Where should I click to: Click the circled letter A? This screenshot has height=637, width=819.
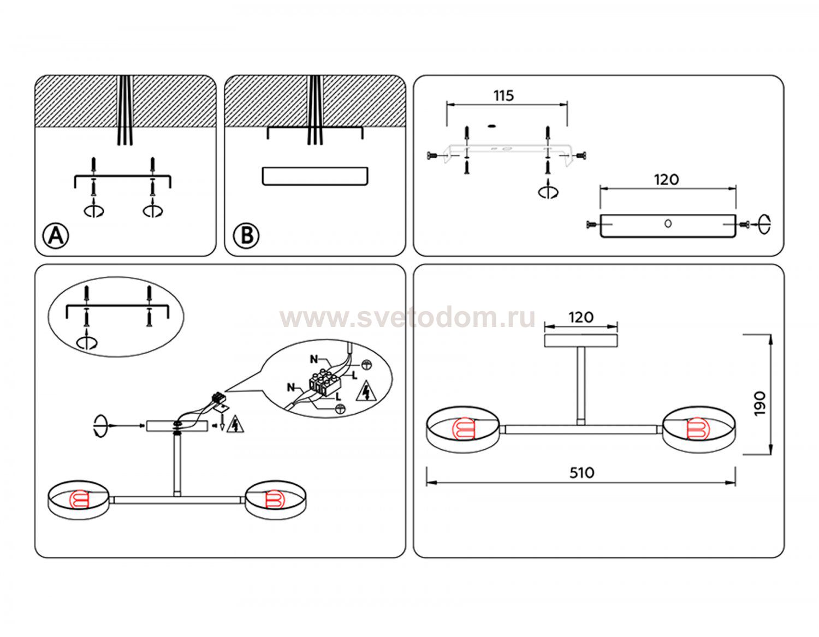click(x=56, y=236)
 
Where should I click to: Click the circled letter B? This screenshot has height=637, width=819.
click(x=246, y=236)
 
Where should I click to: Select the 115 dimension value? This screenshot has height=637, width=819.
click(x=503, y=96)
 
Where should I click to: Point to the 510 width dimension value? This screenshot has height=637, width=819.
click(x=581, y=473)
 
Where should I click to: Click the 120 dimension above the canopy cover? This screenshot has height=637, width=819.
click(x=666, y=180)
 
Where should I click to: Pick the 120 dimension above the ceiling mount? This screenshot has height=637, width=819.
click(x=581, y=317)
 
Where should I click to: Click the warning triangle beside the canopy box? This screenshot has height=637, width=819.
click(x=235, y=424)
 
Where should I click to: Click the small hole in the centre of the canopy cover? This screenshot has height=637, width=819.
click(x=668, y=224)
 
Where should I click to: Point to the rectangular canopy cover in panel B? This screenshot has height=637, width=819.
click(x=314, y=176)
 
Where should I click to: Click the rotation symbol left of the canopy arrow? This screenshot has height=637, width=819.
click(x=100, y=426)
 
